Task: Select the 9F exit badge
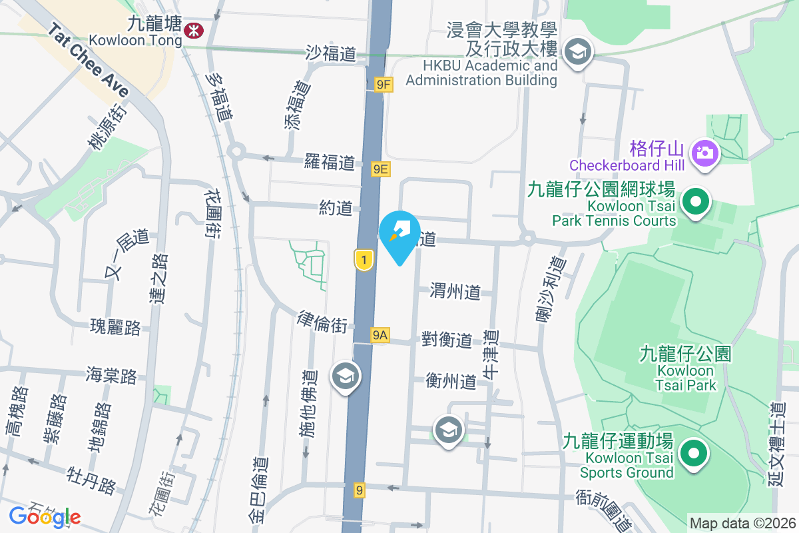pyautogui.click(x=383, y=85)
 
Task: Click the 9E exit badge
pyautogui.click(x=380, y=169)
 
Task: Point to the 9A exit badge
pyautogui.click(x=380, y=335)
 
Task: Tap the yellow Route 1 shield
pyautogui.click(x=363, y=260)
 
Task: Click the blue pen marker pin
pyautogui.click(x=400, y=233)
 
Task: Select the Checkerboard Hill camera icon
pyautogui.click(x=702, y=153)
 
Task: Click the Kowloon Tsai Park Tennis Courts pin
pyautogui.click(x=696, y=201)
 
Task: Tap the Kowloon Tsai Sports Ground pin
pyautogui.click(x=693, y=454)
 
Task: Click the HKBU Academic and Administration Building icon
pyautogui.click(x=577, y=51)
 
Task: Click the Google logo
pyautogui.click(x=45, y=516)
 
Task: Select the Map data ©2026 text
pyautogui.click(x=742, y=523)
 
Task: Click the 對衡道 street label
pyautogui.click(x=447, y=340)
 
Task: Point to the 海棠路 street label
pyautogui.click(x=111, y=375)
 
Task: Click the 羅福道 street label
pyautogui.click(x=330, y=162)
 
